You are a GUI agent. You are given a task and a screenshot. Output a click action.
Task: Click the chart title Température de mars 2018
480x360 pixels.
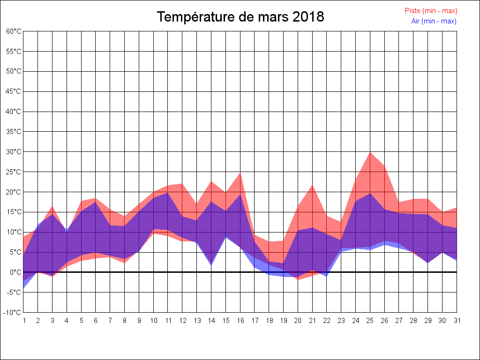(240, 17)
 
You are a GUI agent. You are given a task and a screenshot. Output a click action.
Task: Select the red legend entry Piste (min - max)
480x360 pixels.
(431, 11)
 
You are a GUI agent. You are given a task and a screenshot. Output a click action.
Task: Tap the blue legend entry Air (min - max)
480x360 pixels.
(434, 21)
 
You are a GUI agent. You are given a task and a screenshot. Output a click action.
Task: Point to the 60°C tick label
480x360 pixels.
(14, 31)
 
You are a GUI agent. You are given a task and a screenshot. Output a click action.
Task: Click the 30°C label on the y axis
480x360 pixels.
(14, 152)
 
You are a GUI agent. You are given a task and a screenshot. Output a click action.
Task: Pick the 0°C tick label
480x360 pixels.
(15, 272)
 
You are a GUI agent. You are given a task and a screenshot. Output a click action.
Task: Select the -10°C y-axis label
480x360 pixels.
(13, 313)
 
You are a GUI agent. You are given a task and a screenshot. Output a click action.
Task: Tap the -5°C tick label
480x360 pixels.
(14, 292)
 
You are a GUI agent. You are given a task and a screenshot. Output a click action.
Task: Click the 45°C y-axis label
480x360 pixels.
(14, 91)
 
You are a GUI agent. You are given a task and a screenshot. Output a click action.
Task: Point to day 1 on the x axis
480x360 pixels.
(23, 321)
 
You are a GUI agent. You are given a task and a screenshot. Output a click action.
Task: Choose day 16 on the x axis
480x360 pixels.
(240, 321)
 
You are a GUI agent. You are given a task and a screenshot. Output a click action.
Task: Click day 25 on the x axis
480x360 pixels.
(370, 321)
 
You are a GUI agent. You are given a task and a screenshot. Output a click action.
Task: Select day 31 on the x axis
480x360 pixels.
(457, 321)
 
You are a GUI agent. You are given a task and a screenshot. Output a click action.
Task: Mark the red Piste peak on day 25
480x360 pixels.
(370, 152)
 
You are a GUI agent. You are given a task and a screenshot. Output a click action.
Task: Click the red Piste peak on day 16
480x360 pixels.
(240, 173)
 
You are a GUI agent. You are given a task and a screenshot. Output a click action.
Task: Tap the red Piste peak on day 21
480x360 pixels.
(312, 185)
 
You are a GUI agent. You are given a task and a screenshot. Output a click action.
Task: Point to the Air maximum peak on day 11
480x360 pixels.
(168, 193)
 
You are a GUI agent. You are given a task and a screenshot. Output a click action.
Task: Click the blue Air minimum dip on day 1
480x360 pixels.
(24, 287)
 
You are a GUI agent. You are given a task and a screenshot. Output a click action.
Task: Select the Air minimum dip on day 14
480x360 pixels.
(211, 265)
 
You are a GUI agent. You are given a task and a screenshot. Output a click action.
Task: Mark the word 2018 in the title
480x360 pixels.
(308, 17)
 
